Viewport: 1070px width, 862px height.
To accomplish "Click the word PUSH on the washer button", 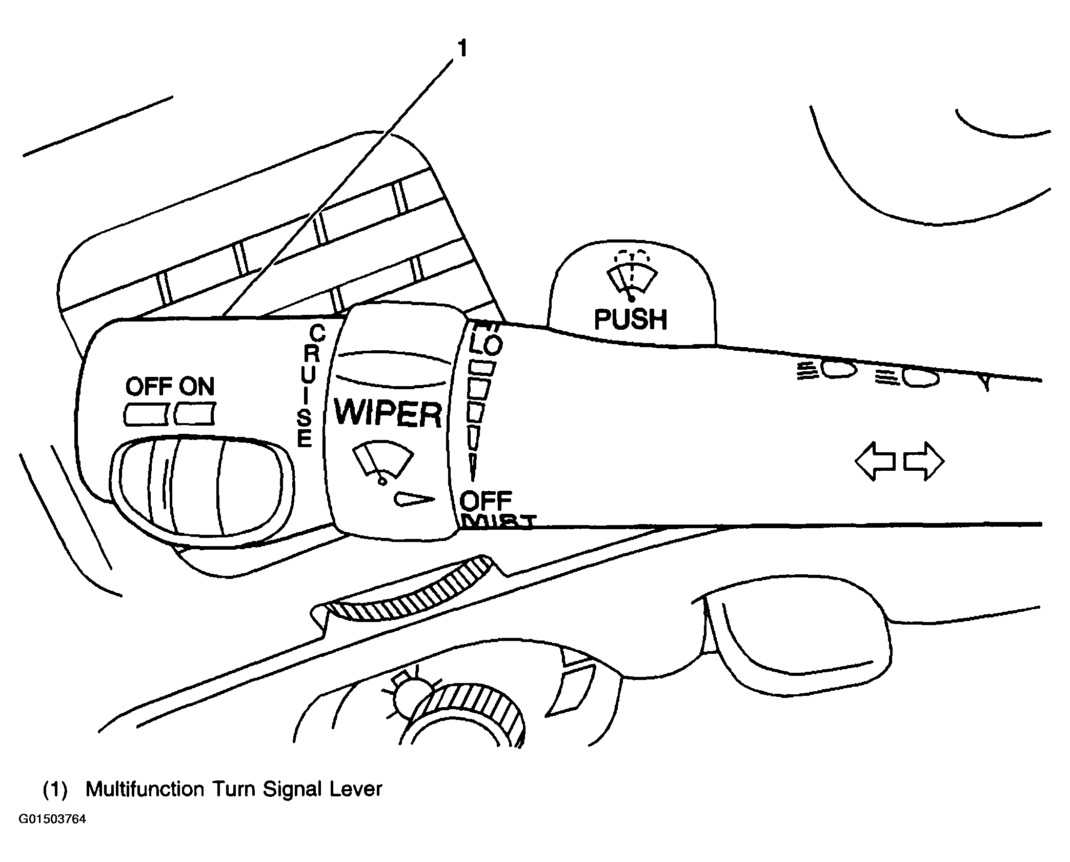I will [x=630, y=319].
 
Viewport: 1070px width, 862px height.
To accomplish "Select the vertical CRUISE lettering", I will [x=309, y=385].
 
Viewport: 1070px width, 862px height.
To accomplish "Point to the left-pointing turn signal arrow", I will [x=875, y=462].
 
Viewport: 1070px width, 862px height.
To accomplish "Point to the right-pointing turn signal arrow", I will [x=923, y=462].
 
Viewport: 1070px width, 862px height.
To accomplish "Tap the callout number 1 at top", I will [x=462, y=49].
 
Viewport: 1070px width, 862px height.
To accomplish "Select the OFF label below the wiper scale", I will [x=486, y=500].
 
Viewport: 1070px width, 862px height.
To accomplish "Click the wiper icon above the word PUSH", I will [x=631, y=279].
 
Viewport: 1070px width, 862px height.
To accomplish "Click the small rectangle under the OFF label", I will [x=146, y=414].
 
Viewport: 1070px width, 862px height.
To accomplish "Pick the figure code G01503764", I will [x=52, y=833].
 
